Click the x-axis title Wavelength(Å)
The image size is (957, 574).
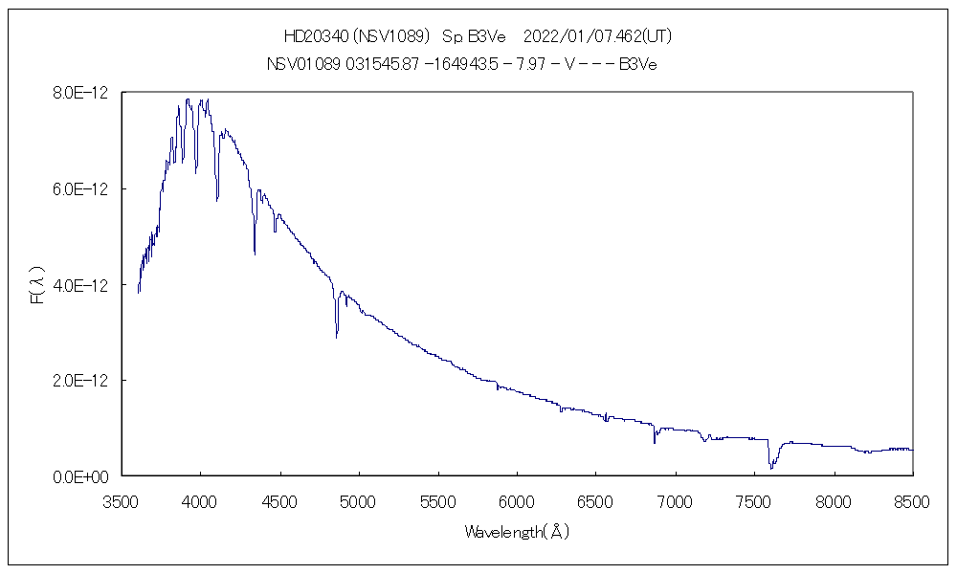517,532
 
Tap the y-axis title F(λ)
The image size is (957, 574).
38,284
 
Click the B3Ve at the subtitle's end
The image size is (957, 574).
637,64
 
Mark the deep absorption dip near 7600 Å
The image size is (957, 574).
770,467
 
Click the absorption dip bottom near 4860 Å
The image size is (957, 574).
336,337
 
